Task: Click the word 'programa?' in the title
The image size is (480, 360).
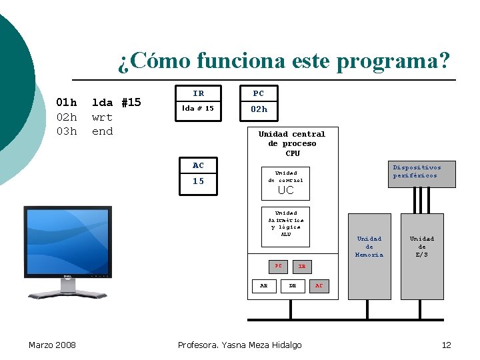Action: click(393, 61)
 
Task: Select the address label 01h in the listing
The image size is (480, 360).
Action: click(66, 103)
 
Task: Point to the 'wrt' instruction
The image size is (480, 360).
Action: click(102, 117)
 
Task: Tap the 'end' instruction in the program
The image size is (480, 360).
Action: click(102, 131)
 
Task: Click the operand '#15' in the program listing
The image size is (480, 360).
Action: click(131, 103)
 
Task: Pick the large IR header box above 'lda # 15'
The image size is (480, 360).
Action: click(199, 93)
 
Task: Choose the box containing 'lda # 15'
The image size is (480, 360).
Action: click(199, 108)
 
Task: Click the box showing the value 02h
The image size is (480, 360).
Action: click(259, 109)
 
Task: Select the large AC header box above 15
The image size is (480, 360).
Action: click(199, 165)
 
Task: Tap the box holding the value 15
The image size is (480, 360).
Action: click(199, 181)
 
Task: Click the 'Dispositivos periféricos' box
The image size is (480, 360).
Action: click(417, 171)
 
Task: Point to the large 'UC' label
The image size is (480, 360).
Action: click(285, 190)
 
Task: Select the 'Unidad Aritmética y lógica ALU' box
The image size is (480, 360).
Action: click(285, 223)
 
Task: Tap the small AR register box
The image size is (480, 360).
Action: click(263, 285)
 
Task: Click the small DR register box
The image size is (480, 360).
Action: click(292, 285)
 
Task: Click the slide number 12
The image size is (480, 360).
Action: click(446, 345)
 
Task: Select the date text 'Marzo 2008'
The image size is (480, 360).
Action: click(52, 345)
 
